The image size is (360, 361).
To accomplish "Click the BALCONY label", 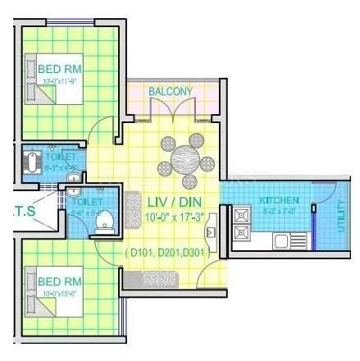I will (171, 91).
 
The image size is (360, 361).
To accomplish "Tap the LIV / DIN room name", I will (171, 202).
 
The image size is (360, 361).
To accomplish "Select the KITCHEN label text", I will (280, 201).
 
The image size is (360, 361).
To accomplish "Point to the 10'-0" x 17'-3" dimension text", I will (171, 217).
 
